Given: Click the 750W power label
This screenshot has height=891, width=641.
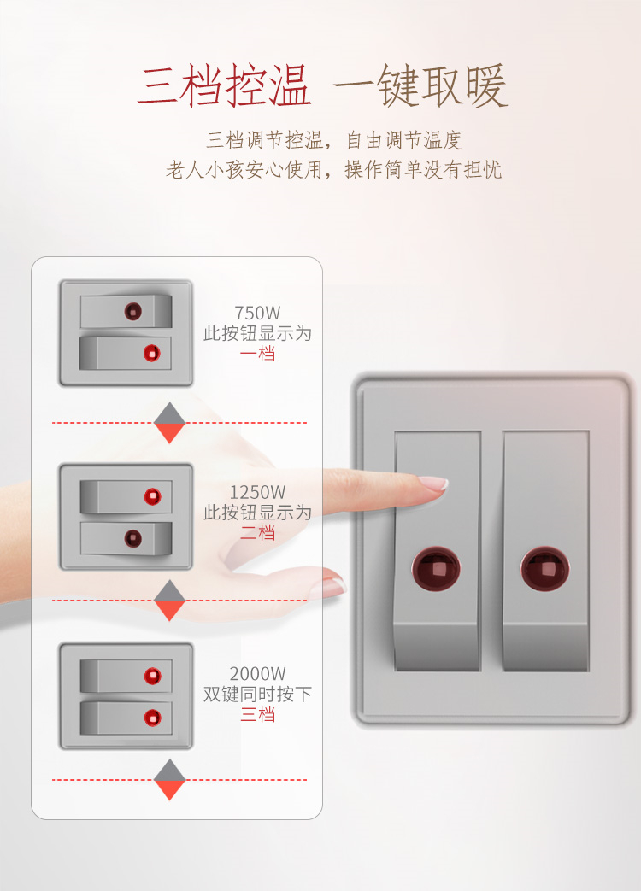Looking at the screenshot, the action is [x=257, y=314].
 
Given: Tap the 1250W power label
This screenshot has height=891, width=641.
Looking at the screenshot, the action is [x=257, y=492].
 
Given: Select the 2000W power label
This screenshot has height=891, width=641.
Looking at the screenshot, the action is [x=257, y=674].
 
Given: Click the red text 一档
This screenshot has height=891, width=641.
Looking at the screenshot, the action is [x=258, y=354].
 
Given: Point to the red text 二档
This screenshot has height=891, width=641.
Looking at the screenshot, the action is [x=258, y=533].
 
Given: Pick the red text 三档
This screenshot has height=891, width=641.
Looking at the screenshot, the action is [x=258, y=714].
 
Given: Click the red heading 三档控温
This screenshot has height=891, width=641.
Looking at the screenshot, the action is [x=224, y=86].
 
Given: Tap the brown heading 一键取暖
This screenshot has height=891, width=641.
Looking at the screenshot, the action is [x=420, y=86].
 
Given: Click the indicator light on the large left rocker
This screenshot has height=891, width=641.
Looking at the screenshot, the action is [x=436, y=569].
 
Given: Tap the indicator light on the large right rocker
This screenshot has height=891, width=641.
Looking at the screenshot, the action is [x=545, y=569].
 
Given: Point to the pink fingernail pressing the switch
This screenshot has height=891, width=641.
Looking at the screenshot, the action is [x=433, y=484].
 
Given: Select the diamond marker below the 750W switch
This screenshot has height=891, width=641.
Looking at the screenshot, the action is [x=169, y=423].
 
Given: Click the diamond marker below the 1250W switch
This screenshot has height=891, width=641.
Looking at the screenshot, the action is [x=169, y=601].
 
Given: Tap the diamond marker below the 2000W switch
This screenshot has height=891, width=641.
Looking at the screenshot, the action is [x=169, y=780].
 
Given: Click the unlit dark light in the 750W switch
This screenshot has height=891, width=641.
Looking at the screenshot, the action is [x=133, y=312].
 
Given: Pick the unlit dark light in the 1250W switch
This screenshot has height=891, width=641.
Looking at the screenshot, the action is [x=133, y=538].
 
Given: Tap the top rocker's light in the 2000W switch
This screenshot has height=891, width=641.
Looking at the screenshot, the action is [x=152, y=676].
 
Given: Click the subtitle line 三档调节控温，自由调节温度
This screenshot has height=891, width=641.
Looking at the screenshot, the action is [x=333, y=140].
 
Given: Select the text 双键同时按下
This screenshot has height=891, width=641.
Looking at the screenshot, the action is [x=257, y=694].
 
